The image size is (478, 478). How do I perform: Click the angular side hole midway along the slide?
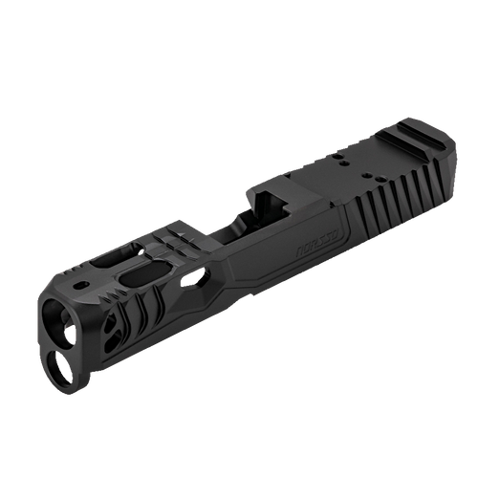pyautogui.click(x=202, y=278)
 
